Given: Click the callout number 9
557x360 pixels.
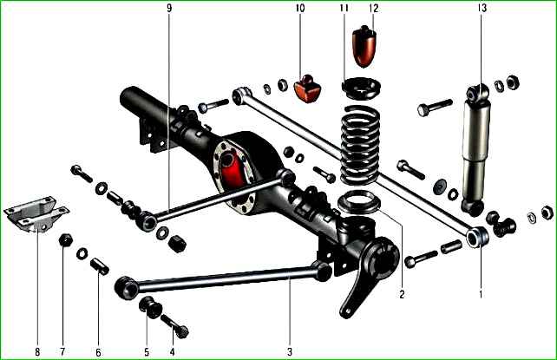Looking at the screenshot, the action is [x=169, y=8].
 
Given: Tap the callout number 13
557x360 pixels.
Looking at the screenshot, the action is [x=482, y=8].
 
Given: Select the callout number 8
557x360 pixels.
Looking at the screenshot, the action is [x=37, y=352].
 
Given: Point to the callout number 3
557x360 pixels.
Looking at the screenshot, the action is [x=290, y=352].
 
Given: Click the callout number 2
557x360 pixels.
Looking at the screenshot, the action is [x=402, y=294].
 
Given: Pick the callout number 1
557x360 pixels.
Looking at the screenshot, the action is [x=481, y=294].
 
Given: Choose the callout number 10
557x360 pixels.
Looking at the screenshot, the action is [x=300, y=8].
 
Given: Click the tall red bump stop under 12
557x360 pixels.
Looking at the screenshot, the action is [x=364, y=47].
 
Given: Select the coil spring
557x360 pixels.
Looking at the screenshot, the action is [x=359, y=145].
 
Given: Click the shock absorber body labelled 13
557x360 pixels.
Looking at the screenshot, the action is [x=476, y=149].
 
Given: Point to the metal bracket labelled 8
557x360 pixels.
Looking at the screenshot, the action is [x=36, y=214].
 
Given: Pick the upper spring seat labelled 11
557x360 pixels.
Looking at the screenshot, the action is [x=361, y=88].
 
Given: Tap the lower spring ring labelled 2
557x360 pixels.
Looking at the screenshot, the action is [x=359, y=202].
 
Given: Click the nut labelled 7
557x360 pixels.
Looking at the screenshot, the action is [x=65, y=240].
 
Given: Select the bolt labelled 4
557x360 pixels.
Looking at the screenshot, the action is [x=175, y=326].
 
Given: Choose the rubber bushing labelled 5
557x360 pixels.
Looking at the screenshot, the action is [x=151, y=306].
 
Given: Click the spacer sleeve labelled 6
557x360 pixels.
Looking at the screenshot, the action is [x=99, y=267].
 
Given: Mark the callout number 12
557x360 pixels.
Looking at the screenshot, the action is [x=374, y=8].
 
